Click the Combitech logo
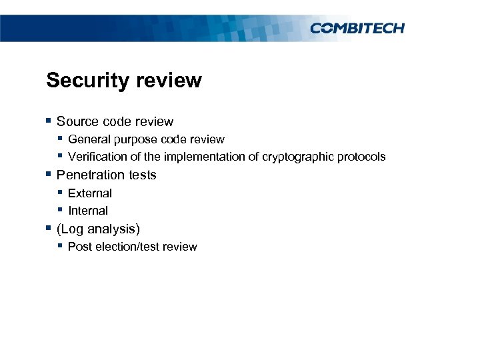click(357, 27)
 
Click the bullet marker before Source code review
click(48, 121)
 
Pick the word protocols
click(361, 157)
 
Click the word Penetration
click(87, 175)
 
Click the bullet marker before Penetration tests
click(48, 174)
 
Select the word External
click(90, 193)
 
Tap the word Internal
click(88, 211)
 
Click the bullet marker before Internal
click(60, 210)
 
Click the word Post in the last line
click(79, 247)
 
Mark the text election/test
click(129, 247)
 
